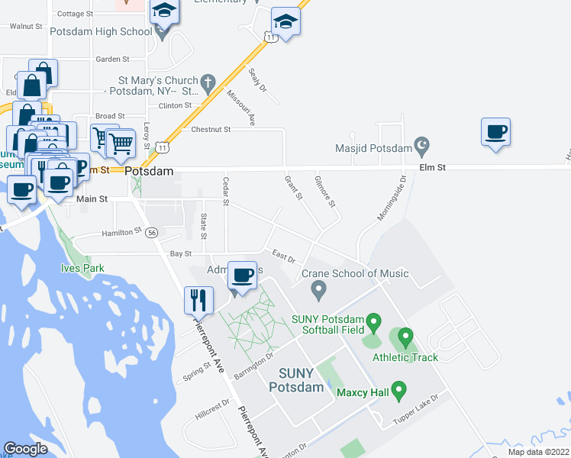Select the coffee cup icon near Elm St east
[495, 133]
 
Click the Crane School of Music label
[355, 273]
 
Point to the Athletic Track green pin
[405, 336]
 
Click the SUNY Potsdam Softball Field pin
[373, 322]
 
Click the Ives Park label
[82, 268]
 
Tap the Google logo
[25, 449]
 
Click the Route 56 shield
[153, 232]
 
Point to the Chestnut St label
[211, 130]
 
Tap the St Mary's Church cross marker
[207, 81]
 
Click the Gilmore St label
[324, 191]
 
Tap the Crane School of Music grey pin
[319, 290]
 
